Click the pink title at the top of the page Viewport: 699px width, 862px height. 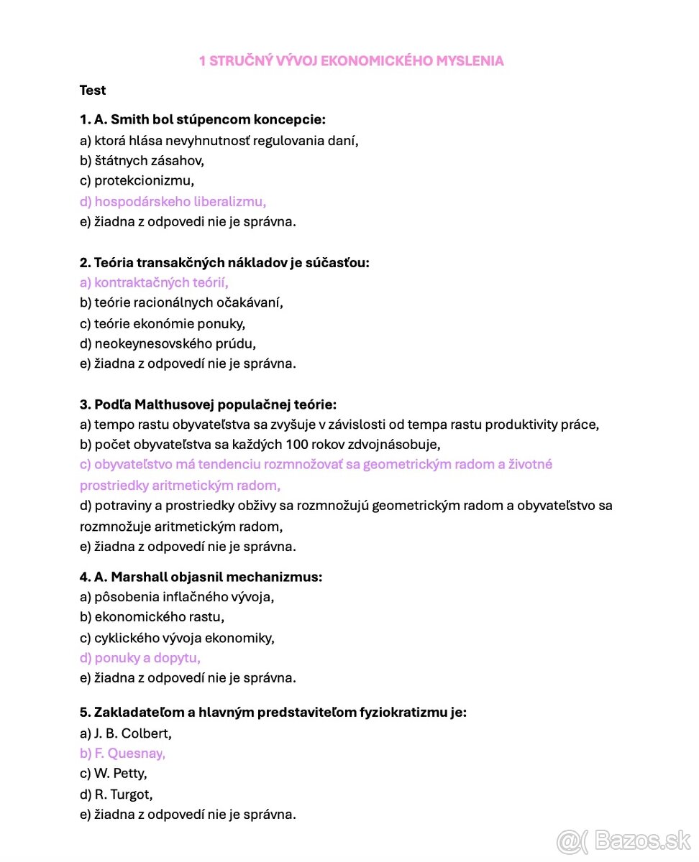pos(351,61)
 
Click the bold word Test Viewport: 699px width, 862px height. pos(93,91)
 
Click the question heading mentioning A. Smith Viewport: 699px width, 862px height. pos(202,120)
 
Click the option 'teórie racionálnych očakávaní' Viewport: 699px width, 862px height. pos(181,303)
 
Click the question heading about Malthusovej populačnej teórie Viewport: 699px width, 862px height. pos(208,404)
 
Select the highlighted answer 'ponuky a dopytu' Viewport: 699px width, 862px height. pos(140,657)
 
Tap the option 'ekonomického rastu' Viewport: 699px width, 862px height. pos(152,617)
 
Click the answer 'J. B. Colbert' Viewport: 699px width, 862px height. pos(126,733)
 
